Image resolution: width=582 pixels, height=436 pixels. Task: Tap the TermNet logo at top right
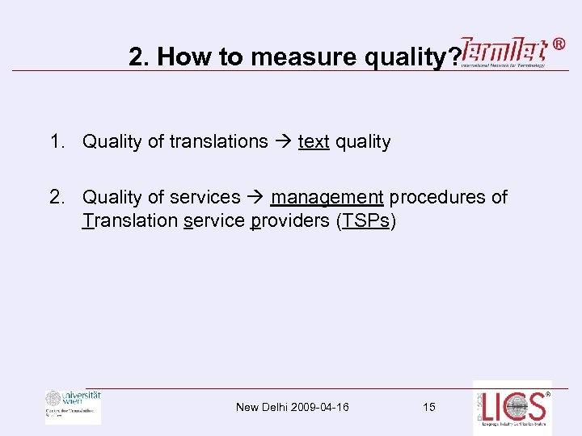(x=503, y=53)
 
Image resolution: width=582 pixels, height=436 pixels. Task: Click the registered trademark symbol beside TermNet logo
(x=559, y=44)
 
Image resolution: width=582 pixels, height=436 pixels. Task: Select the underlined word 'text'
(x=314, y=142)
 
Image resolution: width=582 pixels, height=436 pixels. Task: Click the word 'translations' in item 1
(x=218, y=141)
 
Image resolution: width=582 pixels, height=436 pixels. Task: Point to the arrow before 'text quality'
(x=283, y=142)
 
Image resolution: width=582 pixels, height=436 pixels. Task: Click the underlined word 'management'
(x=327, y=197)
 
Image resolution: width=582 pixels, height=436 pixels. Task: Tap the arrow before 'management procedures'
(x=255, y=197)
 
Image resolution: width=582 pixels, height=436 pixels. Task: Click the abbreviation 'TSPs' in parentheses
(x=365, y=221)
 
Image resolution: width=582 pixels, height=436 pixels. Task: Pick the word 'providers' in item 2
(x=290, y=221)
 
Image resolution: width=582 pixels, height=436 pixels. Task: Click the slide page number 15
(x=428, y=407)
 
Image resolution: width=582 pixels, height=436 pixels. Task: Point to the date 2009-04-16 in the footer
(x=319, y=407)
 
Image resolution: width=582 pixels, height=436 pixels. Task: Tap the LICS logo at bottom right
(x=512, y=407)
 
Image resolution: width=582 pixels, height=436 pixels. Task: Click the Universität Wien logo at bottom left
(x=74, y=406)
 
